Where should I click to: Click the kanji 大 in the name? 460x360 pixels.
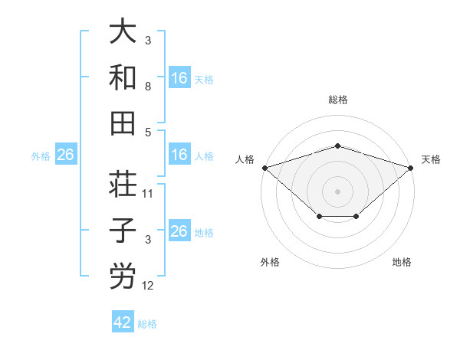click(123, 33)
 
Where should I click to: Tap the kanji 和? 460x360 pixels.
click(123, 77)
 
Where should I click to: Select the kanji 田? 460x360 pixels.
click(123, 122)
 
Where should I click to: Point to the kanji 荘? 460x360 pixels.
click(123, 184)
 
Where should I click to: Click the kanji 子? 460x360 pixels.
click(123, 231)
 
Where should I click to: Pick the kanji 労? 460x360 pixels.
click(123, 276)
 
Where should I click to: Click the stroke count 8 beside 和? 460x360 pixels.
click(148, 87)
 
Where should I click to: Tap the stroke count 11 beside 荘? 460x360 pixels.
click(148, 194)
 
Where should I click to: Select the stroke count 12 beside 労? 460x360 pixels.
click(148, 286)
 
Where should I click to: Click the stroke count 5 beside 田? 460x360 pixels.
click(148, 132)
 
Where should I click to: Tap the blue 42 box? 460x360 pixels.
click(123, 322)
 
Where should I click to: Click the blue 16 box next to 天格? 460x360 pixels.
click(179, 77)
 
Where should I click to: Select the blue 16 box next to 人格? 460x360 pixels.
click(179, 155)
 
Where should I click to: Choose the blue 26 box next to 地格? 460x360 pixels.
click(179, 231)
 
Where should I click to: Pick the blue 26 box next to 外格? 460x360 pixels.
click(65, 155)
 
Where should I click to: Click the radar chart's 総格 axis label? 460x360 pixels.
click(337, 100)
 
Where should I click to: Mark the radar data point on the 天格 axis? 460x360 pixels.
click(412, 167)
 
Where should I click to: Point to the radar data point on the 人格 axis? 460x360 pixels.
click(264, 167)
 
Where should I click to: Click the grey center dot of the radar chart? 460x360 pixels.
click(337, 191)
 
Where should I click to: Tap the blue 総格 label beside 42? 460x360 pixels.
click(147, 324)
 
